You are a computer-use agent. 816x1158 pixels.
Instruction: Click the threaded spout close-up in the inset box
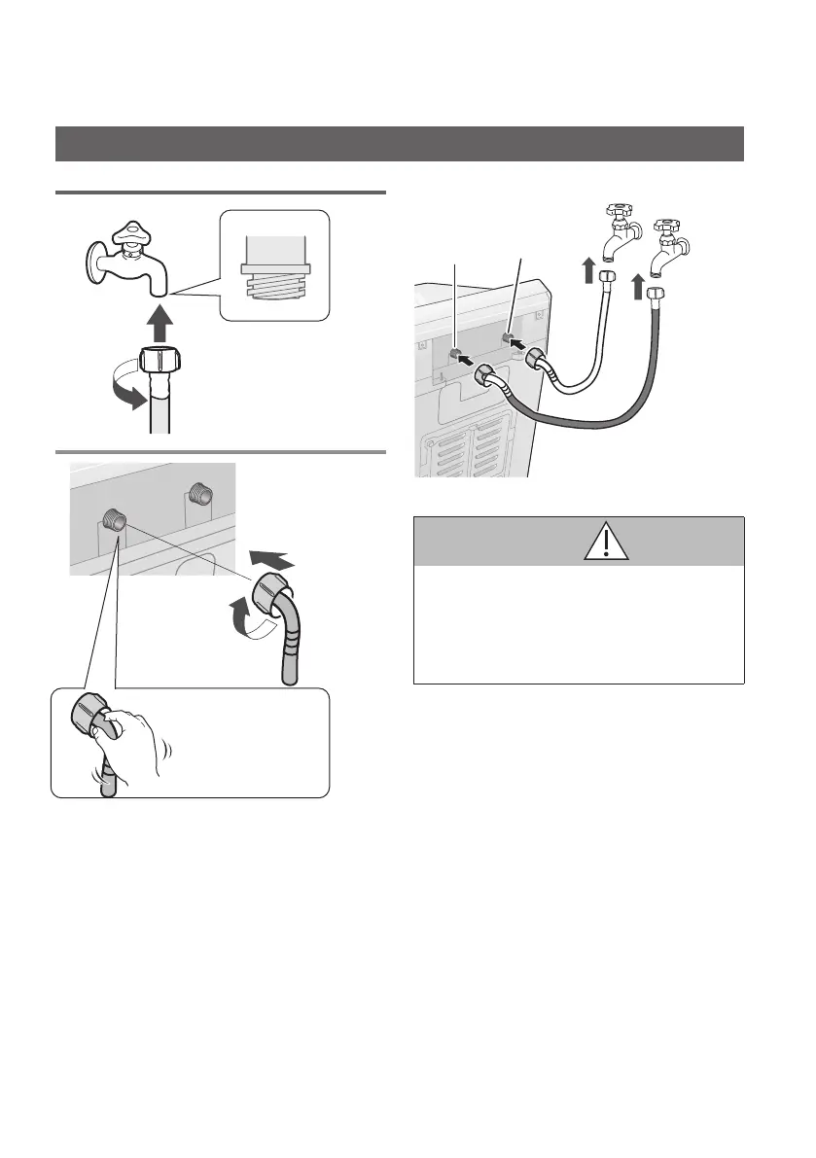point(275,267)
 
